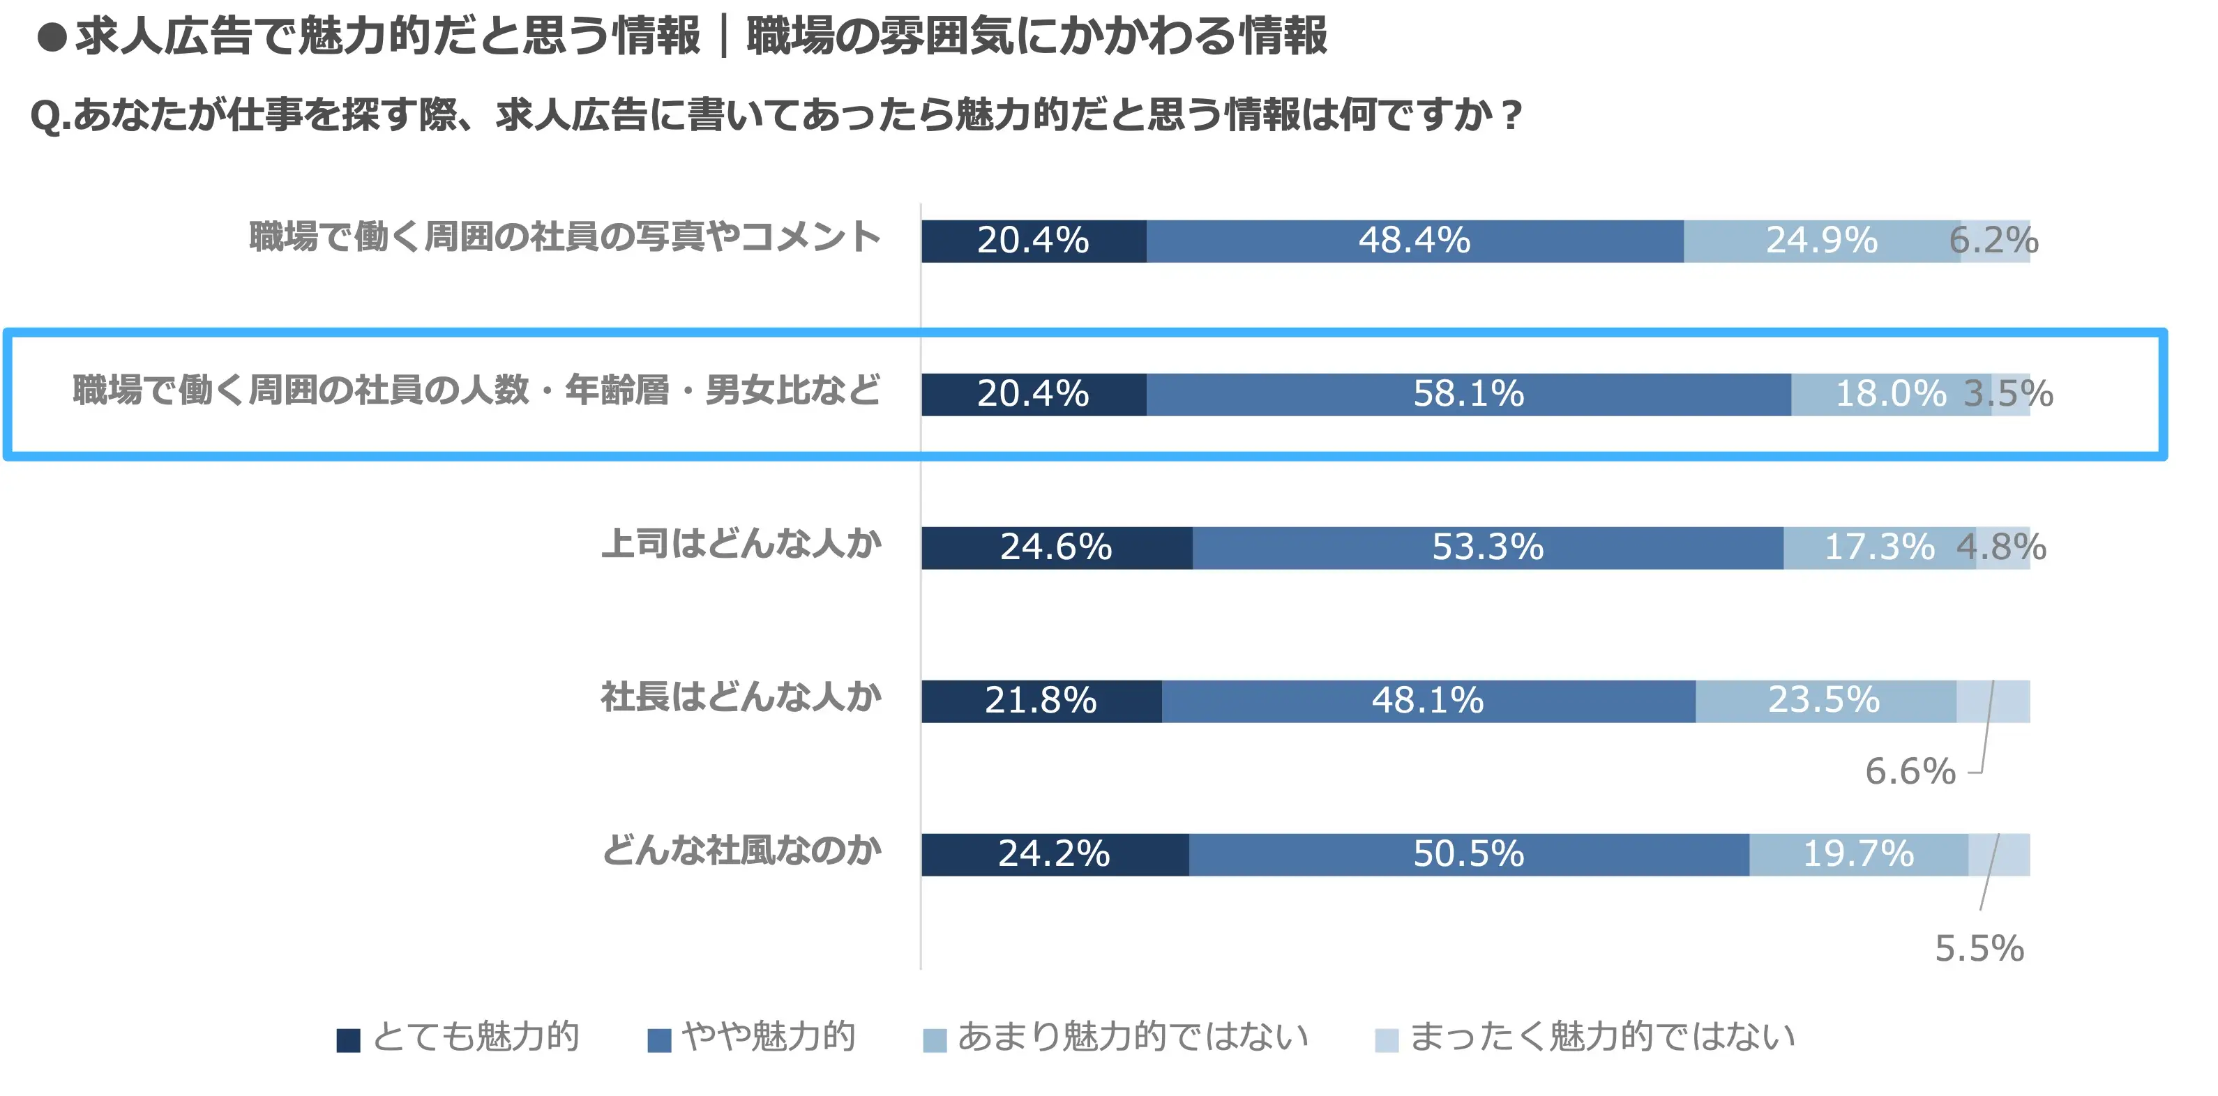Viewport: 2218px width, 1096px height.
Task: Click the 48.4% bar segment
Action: point(1414,241)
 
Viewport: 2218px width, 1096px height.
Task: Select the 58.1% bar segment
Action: point(1468,395)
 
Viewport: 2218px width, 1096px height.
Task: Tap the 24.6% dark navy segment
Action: point(1057,547)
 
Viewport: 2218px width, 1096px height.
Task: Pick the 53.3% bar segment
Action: point(1487,547)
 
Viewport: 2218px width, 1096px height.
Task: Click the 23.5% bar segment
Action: point(1825,701)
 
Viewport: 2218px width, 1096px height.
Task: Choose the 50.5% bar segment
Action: point(1468,855)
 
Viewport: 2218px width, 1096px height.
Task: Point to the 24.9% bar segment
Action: point(1821,241)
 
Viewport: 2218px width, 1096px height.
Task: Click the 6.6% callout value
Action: point(1910,771)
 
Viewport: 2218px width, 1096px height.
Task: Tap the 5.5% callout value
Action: point(1979,949)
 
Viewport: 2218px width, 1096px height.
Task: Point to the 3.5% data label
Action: point(2009,395)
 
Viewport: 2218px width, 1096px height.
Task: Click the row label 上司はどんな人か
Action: point(741,544)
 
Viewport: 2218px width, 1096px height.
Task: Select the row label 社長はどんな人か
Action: point(741,697)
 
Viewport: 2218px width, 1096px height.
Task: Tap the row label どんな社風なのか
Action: point(741,851)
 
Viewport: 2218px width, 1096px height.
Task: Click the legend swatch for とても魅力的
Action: point(348,1040)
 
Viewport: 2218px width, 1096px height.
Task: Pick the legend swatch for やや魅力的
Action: point(658,1040)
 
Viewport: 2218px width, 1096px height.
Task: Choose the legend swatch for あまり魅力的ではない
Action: point(934,1040)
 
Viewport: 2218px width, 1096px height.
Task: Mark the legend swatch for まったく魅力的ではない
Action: point(1387,1040)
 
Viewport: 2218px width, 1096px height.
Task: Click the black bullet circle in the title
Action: point(52,37)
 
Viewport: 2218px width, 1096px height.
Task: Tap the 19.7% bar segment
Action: point(1858,855)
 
